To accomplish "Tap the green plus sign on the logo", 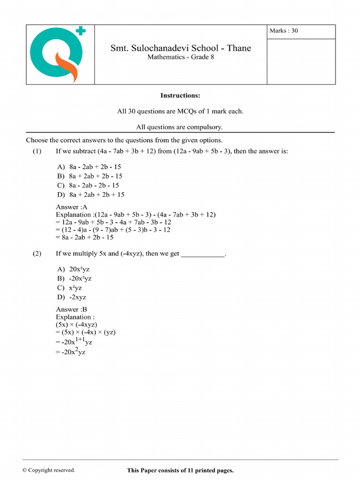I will coord(81,31).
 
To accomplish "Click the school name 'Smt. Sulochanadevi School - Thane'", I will coord(180,48).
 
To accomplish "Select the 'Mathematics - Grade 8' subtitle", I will coord(180,57).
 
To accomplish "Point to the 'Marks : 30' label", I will coord(284,31).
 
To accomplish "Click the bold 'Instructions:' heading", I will coord(180,96).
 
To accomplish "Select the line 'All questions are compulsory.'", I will coord(180,127).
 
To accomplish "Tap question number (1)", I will coord(37,151).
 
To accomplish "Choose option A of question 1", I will coord(89,166).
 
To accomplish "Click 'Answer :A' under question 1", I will coord(72,207).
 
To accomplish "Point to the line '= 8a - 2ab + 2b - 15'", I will coord(85,237).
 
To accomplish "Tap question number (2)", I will coord(37,254).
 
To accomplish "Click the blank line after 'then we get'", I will coord(203,255).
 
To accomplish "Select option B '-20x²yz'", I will coord(75,278).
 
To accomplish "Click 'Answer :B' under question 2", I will coord(72,309).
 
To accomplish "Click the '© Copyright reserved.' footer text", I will coord(49,470).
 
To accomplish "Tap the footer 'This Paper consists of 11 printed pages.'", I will coord(180,470).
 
